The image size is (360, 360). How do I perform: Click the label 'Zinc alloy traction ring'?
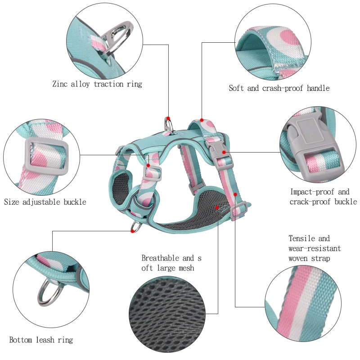tap(97, 84)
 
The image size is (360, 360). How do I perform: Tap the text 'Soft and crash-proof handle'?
tap(279, 88)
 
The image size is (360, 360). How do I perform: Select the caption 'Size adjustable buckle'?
tap(45, 202)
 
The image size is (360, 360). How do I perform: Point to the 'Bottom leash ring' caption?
tap(41, 340)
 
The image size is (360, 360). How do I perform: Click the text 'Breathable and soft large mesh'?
tap(171, 263)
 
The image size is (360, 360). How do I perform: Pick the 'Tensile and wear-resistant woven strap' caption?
tap(315, 248)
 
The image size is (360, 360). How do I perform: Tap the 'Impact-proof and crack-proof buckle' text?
tap(323, 197)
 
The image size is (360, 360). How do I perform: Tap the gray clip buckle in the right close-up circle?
tap(306, 135)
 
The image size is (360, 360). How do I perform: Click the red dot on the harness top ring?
tap(168, 118)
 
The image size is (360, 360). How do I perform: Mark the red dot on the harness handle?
tap(202, 120)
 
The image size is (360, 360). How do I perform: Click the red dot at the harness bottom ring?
tap(132, 231)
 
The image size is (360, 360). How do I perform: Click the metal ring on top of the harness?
tap(168, 125)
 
